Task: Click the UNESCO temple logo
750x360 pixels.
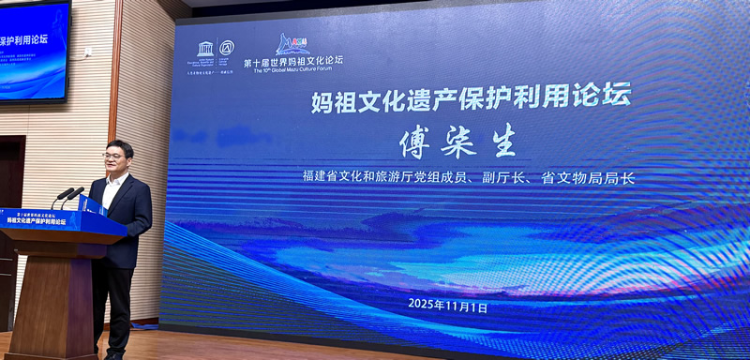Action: (x=204, y=48)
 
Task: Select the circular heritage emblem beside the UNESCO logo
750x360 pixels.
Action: (x=226, y=48)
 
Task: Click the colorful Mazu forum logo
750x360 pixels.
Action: (x=292, y=43)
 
